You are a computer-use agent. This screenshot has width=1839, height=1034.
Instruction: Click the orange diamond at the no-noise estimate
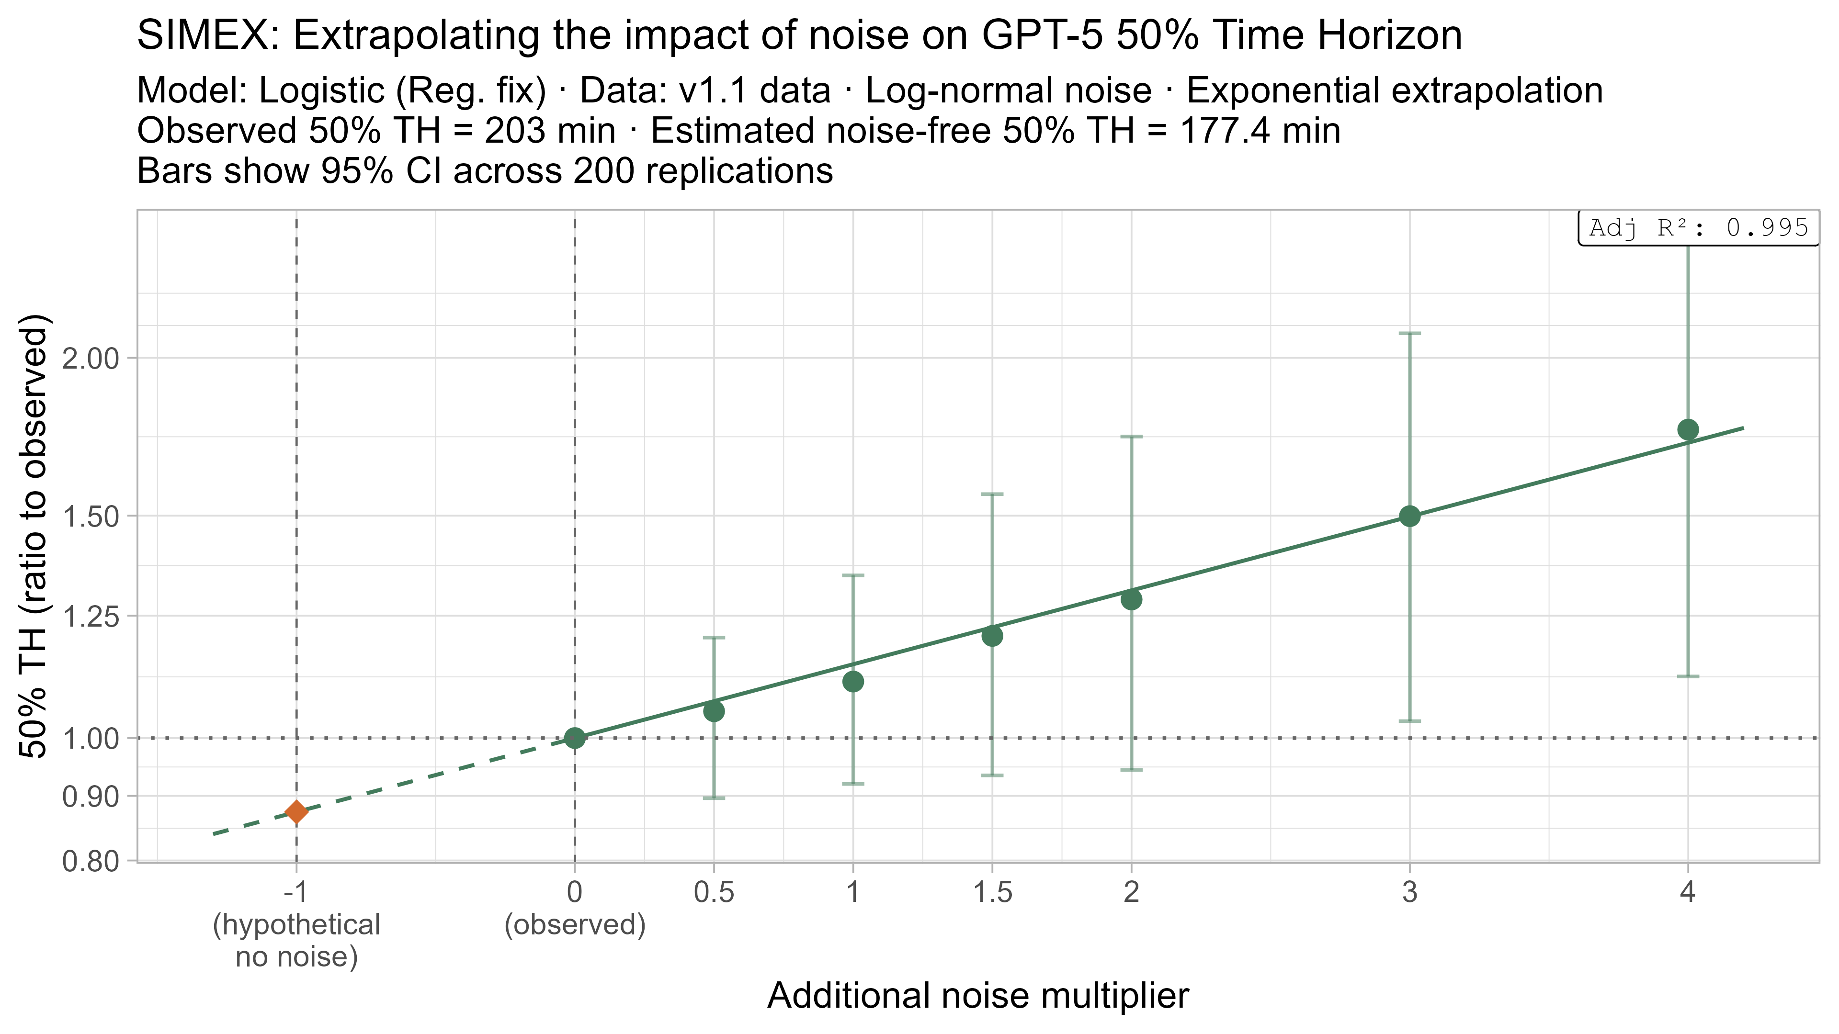click(x=296, y=811)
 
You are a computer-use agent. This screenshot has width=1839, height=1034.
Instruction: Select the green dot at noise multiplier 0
click(x=575, y=738)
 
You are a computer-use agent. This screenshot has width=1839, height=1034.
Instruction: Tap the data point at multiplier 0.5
click(x=714, y=711)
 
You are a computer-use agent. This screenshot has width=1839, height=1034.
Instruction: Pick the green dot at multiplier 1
click(x=853, y=682)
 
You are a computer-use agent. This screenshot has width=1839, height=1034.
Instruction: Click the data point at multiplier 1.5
click(x=992, y=635)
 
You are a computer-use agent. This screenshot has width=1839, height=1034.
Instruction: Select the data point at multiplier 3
click(x=1410, y=516)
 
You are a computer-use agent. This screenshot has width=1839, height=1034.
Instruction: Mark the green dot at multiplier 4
click(x=1688, y=429)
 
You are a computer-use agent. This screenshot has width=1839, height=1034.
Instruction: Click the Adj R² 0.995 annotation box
click(x=1698, y=228)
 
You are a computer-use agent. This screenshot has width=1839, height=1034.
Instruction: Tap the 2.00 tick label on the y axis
click(x=90, y=358)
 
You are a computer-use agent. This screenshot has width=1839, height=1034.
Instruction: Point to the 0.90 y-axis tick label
click(x=90, y=797)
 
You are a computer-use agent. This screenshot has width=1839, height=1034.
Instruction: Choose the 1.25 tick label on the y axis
click(x=90, y=615)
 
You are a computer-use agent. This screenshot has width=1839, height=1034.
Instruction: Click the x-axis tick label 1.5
click(x=992, y=892)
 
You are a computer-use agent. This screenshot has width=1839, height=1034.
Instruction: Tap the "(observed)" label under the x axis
click(x=575, y=925)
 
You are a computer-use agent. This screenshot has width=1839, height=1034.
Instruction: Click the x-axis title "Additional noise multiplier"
click(x=978, y=996)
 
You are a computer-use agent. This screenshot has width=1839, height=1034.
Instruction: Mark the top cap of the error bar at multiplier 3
click(x=1410, y=333)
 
